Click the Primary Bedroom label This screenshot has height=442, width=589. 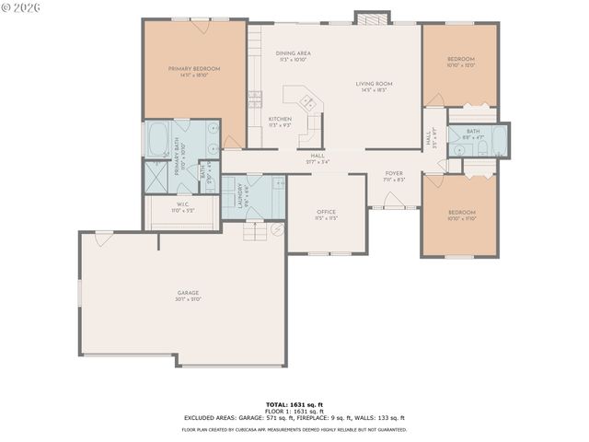[194, 69]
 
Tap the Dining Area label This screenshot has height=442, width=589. [293, 53]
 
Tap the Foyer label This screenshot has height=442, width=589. [394, 173]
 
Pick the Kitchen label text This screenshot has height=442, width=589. [280, 119]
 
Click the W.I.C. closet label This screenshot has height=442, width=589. [181, 204]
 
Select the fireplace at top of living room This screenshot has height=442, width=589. [373, 18]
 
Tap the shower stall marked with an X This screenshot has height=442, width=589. [156, 177]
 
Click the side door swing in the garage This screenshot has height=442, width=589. [104, 238]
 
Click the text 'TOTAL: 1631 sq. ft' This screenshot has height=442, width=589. [294, 404]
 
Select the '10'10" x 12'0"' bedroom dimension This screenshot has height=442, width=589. [459, 65]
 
